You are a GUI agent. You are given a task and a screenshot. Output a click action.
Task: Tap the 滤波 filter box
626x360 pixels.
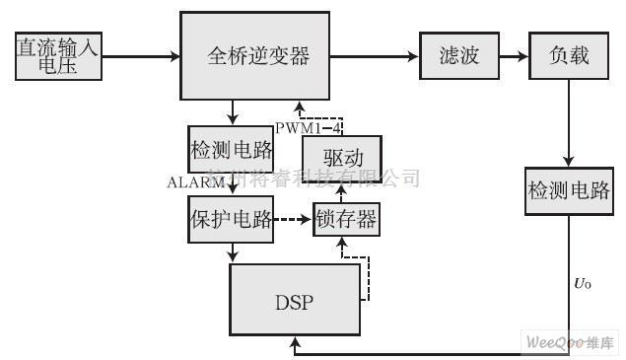pos(457,55)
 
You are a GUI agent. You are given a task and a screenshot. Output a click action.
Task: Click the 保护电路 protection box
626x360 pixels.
pos(231,219)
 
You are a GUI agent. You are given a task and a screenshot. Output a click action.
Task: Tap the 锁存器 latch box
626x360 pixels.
pos(345,219)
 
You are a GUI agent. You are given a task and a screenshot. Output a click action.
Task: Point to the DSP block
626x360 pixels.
pos(293,300)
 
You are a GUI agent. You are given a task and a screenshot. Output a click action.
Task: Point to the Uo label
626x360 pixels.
pos(584,284)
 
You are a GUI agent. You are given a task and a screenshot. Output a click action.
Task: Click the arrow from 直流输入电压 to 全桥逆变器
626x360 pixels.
pos(141,55)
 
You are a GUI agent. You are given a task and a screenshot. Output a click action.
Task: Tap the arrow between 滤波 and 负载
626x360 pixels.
pos(512,55)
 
